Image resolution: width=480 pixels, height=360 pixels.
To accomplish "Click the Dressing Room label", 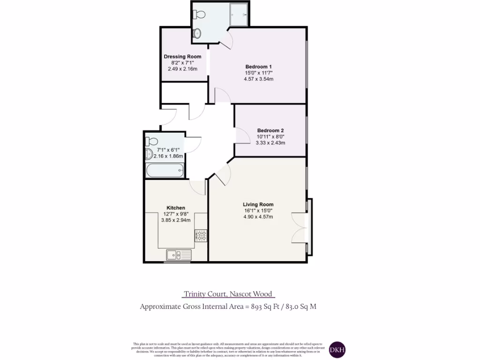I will click(x=182, y=57).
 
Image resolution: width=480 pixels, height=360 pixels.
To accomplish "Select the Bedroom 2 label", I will click(x=270, y=130).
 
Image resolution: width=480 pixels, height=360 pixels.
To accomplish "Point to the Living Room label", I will click(x=258, y=204).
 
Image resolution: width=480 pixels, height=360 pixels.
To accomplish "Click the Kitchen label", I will click(x=176, y=208).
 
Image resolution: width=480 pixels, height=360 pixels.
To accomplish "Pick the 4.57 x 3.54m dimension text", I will click(x=258, y=79).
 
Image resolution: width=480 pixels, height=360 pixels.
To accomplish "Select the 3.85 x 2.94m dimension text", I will click(x=176, y=220).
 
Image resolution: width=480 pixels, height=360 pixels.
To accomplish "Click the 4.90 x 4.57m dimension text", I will click(x=258, y=217).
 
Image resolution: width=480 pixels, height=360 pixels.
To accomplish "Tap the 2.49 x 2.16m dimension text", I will click(x=182, y=69).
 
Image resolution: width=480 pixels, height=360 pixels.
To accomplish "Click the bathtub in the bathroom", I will click(x=165, y=171).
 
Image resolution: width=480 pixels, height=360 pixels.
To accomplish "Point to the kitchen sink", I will click(x=179, y=255).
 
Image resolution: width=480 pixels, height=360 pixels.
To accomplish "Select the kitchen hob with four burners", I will click(x=201, y=235).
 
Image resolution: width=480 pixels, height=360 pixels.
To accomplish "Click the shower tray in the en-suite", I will click(x=240, y=15).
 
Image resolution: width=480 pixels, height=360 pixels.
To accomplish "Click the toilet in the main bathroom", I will click(x=152, y=141).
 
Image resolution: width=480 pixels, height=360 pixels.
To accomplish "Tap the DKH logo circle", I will click(x=337, y=349).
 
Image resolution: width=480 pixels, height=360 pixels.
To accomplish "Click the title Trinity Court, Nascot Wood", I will click(x=228, y=294).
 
